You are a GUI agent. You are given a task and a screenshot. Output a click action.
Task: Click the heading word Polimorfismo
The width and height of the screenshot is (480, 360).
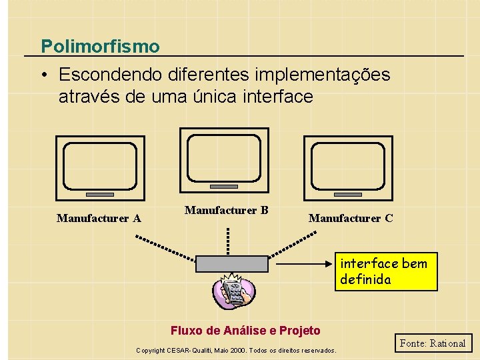pyautogui.click(x=100, y=47)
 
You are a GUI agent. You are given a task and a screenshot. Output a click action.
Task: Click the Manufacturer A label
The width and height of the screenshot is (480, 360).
pyautogui.click(x=99, y=218)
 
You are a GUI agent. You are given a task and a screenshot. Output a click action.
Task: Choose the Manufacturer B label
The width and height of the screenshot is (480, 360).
pyautogui.click(x=226, y=211)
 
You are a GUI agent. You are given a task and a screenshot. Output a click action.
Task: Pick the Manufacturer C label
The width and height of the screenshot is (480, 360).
pyautogui.click(x=351, y=218)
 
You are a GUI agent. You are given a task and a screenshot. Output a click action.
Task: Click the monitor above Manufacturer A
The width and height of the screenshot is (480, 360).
pyautogui.click(x=100, y=168)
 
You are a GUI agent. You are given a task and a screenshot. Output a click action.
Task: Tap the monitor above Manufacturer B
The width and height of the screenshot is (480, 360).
pyautogui.click(x=224, y=160)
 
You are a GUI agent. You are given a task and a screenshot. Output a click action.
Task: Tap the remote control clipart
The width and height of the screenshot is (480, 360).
pyautogui.click(x=233, y=293)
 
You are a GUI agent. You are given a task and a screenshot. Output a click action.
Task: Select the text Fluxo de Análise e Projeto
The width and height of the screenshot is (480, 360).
pyautogui.click(x=245, y=331)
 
